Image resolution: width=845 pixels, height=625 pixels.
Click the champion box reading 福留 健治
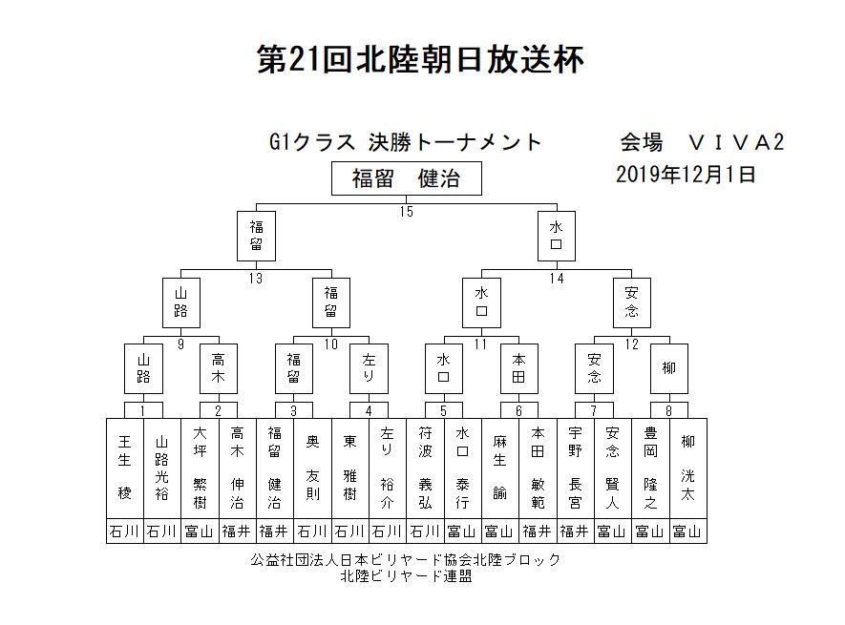[407, 178]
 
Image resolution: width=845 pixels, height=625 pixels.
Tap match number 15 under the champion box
[407, 212]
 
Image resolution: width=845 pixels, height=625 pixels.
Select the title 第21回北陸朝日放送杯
[420, 59]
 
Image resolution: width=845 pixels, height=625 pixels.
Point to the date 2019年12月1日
[686, 175]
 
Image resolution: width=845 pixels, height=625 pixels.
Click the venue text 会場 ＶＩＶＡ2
[702, 143]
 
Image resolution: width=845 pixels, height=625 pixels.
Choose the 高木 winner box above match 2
[219, 368]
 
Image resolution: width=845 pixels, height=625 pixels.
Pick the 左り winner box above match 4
[369, 368]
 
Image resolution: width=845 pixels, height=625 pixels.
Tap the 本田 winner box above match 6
[519, 368]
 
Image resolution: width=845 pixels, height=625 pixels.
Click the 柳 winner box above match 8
[668, 368]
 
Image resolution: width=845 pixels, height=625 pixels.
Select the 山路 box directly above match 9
[181, 302]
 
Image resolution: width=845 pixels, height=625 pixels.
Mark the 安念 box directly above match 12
[631, 302]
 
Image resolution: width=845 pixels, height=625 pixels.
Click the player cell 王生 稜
[125, 469]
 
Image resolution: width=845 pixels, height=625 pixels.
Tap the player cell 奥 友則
[312, 469]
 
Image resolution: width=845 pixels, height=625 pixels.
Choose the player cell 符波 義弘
[425, 469]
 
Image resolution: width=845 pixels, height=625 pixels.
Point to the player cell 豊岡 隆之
[650, 469]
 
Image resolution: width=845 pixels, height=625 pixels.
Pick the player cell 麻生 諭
[500, 469]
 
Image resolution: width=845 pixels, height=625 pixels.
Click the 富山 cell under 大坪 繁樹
[200, 531]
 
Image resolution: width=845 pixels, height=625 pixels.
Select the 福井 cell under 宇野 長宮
[575, 531]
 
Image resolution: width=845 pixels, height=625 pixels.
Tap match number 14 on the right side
[557, 278]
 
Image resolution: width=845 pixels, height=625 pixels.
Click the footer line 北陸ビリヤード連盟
[407, 576]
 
